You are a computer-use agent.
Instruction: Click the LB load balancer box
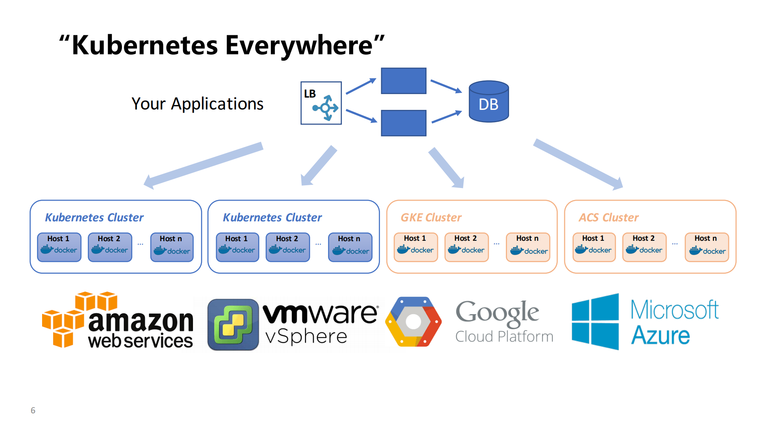[321, 103]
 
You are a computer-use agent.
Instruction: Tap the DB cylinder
[488, 102]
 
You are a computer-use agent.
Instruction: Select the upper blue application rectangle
[403, 81]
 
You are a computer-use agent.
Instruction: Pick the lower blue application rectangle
[403, 123]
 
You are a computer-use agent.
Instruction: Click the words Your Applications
[197, 104]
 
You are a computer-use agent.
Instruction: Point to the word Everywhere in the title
[299, 45]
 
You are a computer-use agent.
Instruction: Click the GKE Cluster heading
[431, 217]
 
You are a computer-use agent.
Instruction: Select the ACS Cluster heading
[608, 217]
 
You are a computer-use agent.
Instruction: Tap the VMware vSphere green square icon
[233, 324]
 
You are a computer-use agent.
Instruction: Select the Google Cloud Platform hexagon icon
[413, 322]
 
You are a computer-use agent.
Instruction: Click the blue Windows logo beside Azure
[595, 322]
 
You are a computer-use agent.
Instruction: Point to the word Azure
[660, 336]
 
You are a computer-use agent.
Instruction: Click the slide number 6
[33, 410]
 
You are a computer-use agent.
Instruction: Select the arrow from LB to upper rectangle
[361, 86]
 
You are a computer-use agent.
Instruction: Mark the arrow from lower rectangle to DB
[446, 117]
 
